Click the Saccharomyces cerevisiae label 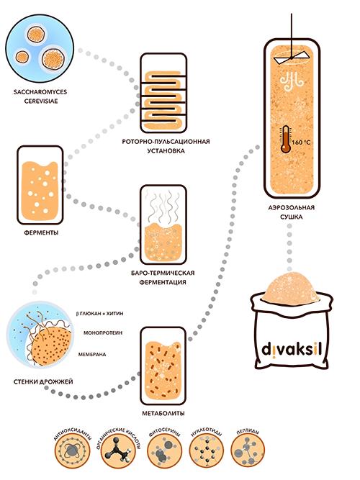click(x=40, y=96)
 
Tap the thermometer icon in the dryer click(x=286, y=139)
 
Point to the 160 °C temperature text click(x=301, y=142)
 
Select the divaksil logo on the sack click(x=292, y=350)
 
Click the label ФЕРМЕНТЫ click(x=41, y=232)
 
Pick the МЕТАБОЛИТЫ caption click(x=163, y=413)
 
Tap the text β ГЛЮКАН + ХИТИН click(x=99, y=314)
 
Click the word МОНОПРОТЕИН click(x=103, y=332)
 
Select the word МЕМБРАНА click(x=92, y=355)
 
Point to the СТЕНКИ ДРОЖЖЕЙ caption click(x=43, y=381)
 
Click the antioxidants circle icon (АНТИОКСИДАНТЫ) click(x=73, y=450)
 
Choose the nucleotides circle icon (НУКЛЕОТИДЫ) click(x=207, y=450)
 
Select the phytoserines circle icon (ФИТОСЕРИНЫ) click(x=165, y=450)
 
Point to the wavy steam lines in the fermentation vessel click(x=163, y=206)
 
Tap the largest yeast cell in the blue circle click(x=53, y=59)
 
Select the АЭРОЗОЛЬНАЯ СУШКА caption click(x=292, y=212)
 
